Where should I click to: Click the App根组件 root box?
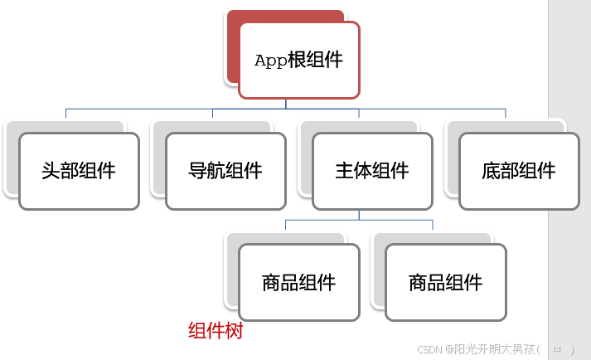tap(299, 60)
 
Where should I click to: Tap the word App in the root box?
tap(269, 61)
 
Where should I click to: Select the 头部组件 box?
tap(79, 171)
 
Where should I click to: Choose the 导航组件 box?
tap(225, 171)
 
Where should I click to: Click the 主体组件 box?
tap(372, 171)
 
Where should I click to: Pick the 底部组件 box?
tap(519, 171)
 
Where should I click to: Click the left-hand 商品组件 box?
tap(299, 282)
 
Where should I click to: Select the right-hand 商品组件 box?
tap(446, 282)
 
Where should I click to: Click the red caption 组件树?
tap(216, 331)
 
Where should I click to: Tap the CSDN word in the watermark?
tap(429, 350)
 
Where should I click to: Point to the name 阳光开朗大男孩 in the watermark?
tap(495, 350)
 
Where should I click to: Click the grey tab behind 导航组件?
tap(158, 158)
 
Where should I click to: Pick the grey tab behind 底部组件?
tap(451, 158)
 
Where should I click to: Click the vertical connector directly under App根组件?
tap(286, 103)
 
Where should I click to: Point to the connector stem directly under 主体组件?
tap(359, 214)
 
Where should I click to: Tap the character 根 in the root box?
tap(297, 61)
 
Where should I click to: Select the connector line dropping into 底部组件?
tap(506, 114)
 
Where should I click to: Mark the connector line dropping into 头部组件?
tap(66, 114)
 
